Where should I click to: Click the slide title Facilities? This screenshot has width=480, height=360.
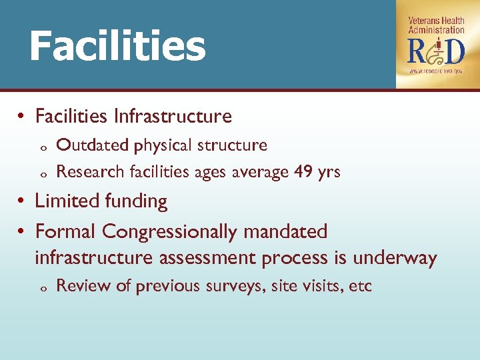pyautogui.click(x=117, y=46)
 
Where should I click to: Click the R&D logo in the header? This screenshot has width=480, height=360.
pyautogui.click(x=437, y=51)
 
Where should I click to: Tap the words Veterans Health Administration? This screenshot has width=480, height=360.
pyautogui.click(x=437, y=25)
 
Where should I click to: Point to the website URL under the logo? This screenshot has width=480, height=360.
pyautogui.click(x=437, y=70)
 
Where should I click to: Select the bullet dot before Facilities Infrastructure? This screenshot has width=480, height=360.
pyautogui.click(x=22, y=117)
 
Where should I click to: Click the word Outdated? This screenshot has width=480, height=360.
pyautogui.click(x=92, y=145)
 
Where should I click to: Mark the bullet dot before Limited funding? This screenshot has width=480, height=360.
pyautogui.click(x=22, y=201)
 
